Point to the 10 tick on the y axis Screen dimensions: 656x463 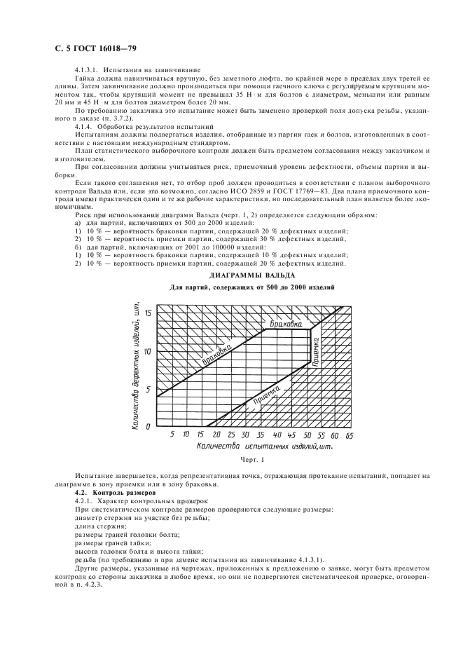tap(148, 350)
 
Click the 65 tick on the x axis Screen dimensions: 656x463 tap(349, 435)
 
